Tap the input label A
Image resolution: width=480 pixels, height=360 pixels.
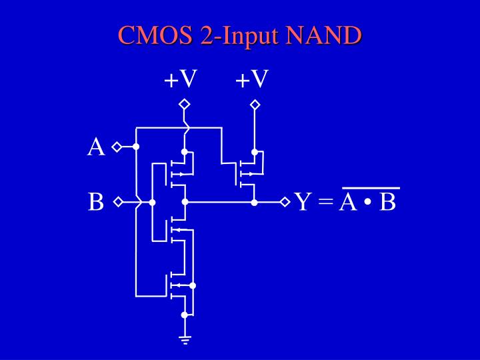tap(96, 147)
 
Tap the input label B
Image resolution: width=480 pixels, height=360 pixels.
tap(96, 201)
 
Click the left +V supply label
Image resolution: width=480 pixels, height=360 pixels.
tap(181, 80)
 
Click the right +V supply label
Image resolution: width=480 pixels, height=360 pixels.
tap(252, 80)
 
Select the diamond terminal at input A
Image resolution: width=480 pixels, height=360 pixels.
tap(116, 147)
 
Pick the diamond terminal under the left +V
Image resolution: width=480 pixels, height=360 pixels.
tap(185, 104)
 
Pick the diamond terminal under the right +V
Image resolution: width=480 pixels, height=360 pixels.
tap(254, 104)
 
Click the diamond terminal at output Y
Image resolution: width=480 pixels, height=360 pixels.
tap(285, 201)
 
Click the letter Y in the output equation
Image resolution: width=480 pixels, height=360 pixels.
tap(303, 201)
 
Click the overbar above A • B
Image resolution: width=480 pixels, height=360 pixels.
tap(371, 189)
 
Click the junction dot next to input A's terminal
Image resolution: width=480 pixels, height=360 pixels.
tap(136, 147)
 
